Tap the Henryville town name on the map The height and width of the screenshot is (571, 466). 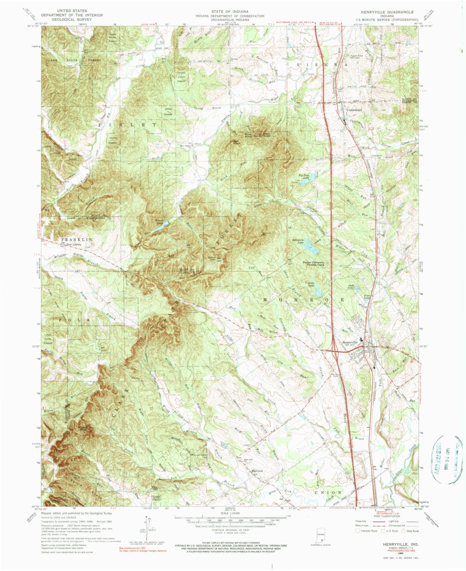349,342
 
